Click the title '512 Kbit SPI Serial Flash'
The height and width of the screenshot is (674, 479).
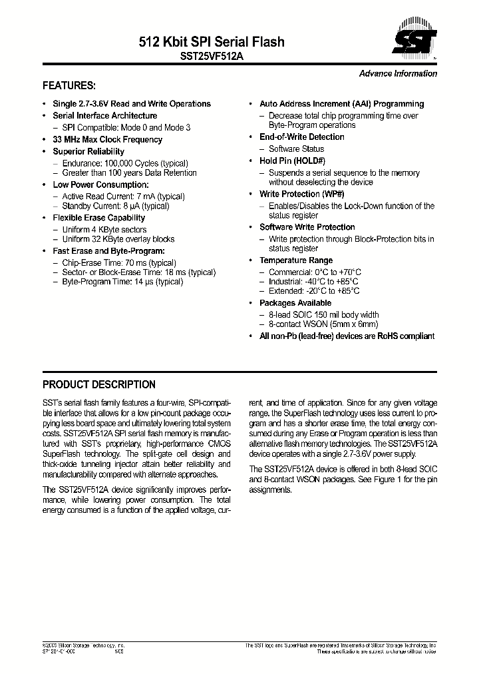(212, 42)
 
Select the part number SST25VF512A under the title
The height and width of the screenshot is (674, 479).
(212, 57)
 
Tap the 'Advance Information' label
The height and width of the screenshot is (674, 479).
(398, 74)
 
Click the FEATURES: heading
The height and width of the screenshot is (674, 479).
(69, 86)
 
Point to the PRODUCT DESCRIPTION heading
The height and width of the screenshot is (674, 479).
(99, 385)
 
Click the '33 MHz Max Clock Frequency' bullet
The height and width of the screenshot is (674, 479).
(107, 140)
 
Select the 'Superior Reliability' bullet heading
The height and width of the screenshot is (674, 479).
(88, 152)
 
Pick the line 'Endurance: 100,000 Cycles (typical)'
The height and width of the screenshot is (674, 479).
(124, 163)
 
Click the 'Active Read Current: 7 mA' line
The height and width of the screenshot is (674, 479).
(123, 196)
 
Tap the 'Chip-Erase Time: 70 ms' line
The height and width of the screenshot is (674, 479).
(118, 263)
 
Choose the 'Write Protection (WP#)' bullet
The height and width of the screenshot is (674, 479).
(301, 194)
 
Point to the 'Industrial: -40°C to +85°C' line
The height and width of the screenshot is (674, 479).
(315, 282)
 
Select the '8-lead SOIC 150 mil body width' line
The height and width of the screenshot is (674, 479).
(323, 315)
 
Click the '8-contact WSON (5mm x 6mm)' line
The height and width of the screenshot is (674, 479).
(320, 324)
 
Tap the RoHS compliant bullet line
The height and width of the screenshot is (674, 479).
(346, 336)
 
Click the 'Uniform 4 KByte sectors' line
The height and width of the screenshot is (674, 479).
(104, 230)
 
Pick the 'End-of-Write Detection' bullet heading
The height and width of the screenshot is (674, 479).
(301, 137)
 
